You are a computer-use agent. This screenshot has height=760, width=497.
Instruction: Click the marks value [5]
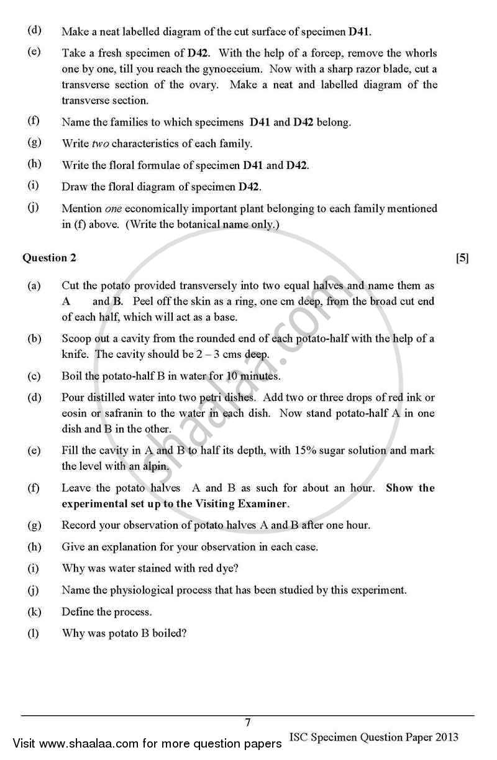click(x=462, y=258)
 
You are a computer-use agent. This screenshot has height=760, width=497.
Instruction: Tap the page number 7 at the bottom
click(x=248, y=722)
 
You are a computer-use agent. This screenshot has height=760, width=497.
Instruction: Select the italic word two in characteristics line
click(x=101, y=144)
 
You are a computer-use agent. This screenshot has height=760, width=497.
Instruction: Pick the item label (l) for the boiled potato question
click(x=34, y=633)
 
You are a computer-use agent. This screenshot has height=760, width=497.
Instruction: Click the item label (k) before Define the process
click(x=34, y=611)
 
